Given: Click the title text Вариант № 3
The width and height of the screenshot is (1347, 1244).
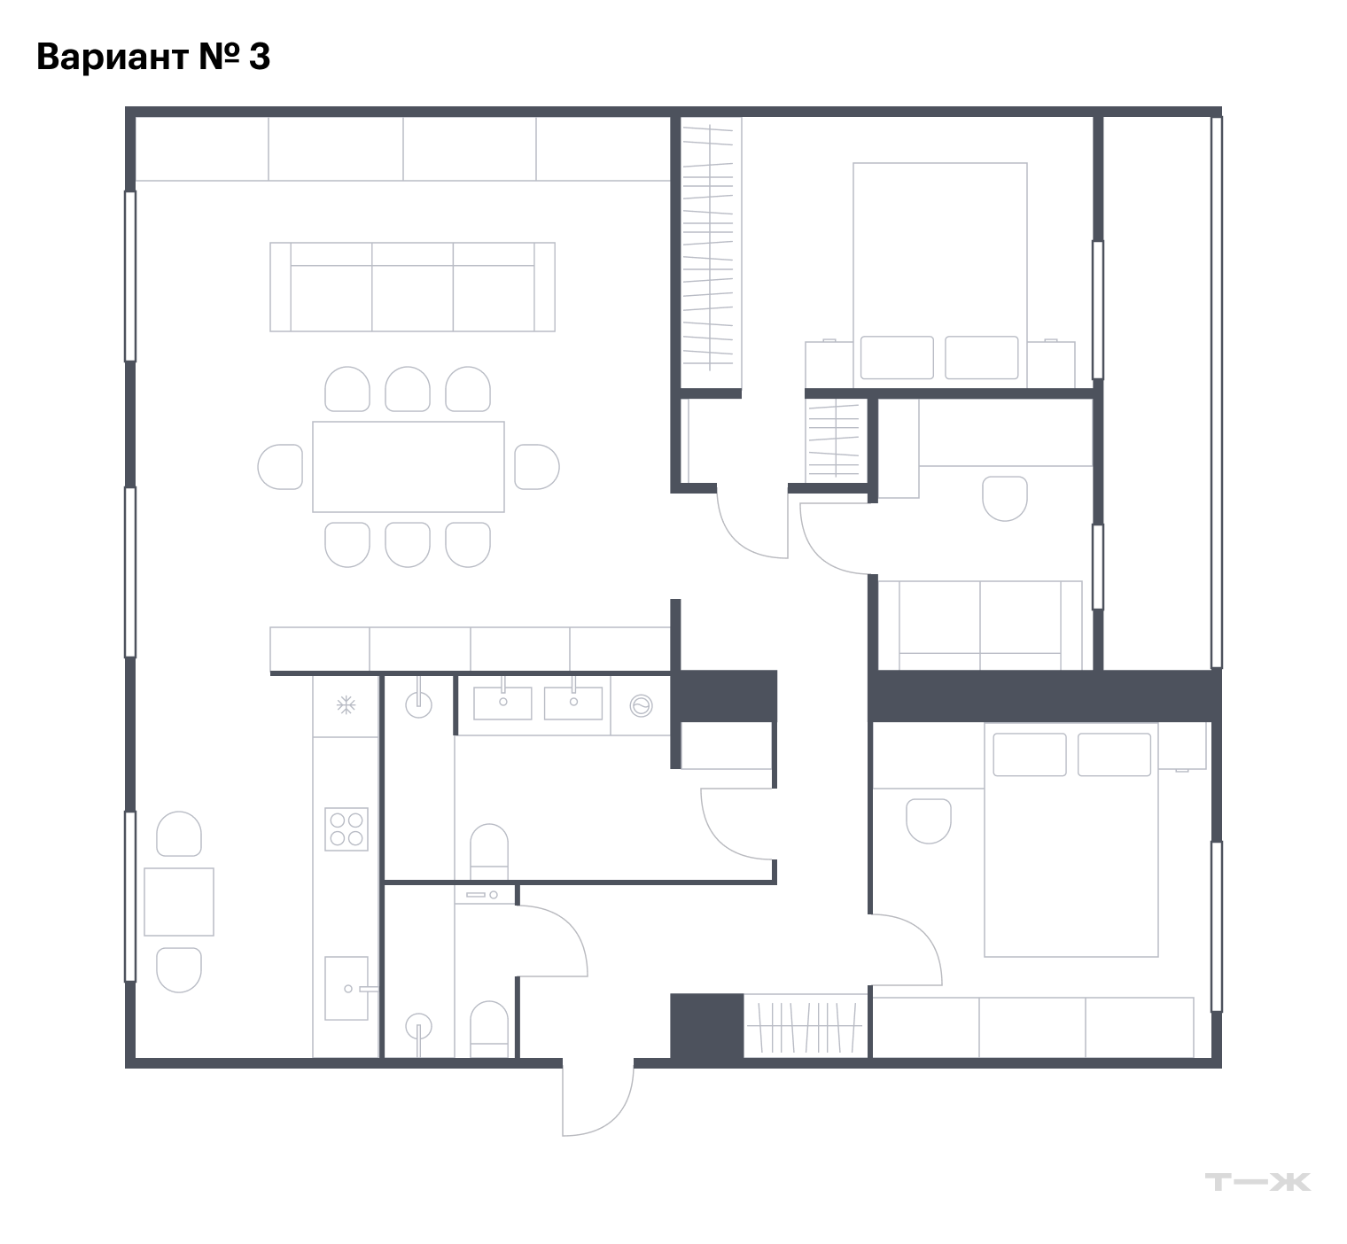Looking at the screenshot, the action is pos(153,57).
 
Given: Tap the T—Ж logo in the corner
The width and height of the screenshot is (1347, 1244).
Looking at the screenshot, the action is pos(1257,1181).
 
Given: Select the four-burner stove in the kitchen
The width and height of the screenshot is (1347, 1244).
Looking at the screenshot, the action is pos(346,828).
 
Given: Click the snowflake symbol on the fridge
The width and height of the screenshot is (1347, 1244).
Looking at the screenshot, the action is pos(346,705).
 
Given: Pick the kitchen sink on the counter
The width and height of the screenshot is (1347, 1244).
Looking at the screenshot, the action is pos(346,988).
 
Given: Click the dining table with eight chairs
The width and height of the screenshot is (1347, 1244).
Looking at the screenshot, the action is pos(409,467).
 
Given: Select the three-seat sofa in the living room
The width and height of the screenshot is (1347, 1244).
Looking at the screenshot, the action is pos(412,287).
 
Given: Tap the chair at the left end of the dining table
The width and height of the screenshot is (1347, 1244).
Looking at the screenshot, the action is pos(280,467).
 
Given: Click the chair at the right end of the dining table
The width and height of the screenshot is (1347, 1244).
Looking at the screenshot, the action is pos(537,467).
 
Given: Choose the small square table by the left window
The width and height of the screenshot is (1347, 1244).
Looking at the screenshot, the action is pos(179,902).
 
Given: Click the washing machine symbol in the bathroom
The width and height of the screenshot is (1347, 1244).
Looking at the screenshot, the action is pos(641,706).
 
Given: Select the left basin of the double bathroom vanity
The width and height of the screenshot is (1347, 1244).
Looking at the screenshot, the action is pos(503,702).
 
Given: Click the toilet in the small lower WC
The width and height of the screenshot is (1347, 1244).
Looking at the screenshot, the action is pos(488,1029).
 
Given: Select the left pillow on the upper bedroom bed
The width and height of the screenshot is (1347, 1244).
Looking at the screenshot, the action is pos(897,358).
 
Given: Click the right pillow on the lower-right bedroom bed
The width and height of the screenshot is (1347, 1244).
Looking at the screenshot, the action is pos(1114,754).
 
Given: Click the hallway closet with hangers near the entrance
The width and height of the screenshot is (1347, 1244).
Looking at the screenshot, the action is pos(806,1026).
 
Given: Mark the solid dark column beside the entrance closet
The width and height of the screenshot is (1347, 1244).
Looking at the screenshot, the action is pos(706,1026).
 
